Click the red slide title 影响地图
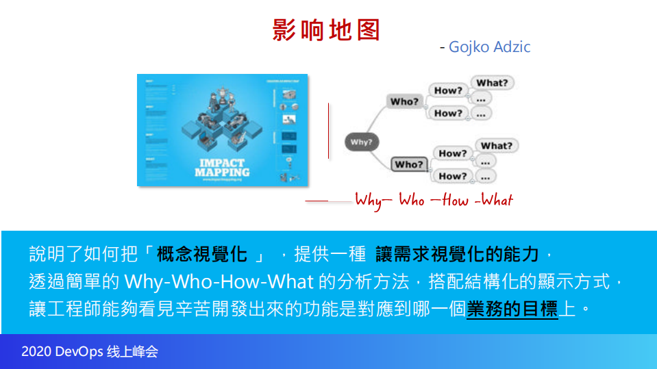click(x=326, y=30)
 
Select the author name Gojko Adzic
click(x=489, y=47)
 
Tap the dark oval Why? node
click(x=361, y=142)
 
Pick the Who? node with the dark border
click(x=409, y=164)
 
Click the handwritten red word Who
click(x=412, y=201)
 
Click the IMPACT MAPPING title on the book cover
click(x=222, y=167)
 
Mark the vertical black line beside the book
click(x=329, y=130)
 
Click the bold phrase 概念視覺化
click(x=201, y=255)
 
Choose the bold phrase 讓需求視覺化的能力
click(x=458, y=255)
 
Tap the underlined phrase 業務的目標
click(x=512, y=309)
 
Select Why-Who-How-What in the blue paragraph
click(x=219, y=282)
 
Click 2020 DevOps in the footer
click(x=62, y=352)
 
